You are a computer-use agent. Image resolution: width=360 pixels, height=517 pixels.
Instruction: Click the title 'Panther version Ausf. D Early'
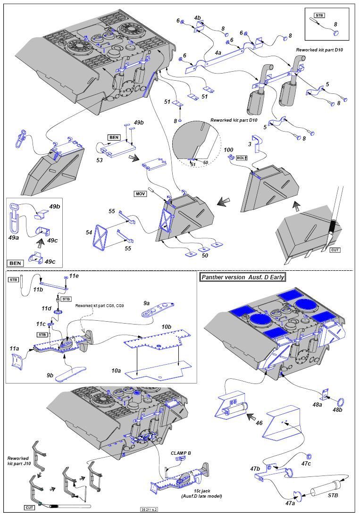pos(243,277)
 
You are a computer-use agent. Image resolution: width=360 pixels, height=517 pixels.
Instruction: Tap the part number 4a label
pos(218,54)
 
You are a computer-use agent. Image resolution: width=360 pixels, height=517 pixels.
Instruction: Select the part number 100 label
pos(229,150)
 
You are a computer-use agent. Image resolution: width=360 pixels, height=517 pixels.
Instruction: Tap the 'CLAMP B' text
pos(181,453)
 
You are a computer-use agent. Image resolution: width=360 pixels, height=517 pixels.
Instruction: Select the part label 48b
pos(337,410)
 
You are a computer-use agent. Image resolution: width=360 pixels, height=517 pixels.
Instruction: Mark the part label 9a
pos(146,303)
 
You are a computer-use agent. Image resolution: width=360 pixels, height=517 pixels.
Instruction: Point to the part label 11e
pos(74,276)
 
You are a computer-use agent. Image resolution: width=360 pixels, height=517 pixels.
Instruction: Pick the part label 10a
pos(116,371)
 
